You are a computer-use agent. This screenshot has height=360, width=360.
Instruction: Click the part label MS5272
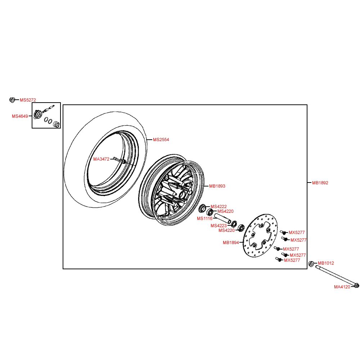point(28,100)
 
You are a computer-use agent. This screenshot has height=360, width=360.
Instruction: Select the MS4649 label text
point(20,116)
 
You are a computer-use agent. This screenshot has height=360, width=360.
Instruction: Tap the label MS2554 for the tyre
point(161,139)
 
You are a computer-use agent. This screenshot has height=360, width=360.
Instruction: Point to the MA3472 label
point(101,159)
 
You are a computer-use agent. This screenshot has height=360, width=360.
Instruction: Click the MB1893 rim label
point(217,186)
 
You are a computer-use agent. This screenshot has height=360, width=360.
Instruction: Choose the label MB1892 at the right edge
point(320,183)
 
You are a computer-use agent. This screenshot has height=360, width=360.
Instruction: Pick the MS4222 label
point(219,206)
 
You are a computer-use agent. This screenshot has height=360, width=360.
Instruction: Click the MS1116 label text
point(204,219)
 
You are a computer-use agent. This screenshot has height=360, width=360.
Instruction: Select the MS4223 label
point(219,226)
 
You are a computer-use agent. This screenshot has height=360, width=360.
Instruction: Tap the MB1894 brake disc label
point(231,243)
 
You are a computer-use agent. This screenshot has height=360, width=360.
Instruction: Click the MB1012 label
point(326,263)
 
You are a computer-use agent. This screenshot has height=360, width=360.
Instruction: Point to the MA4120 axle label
point(342,287)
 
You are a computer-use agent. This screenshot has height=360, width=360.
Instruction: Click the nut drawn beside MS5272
point(12,100)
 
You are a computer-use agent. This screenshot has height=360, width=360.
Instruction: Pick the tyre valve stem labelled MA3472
point(118,159)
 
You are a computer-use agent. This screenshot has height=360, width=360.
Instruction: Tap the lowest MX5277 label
point(292,260)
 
